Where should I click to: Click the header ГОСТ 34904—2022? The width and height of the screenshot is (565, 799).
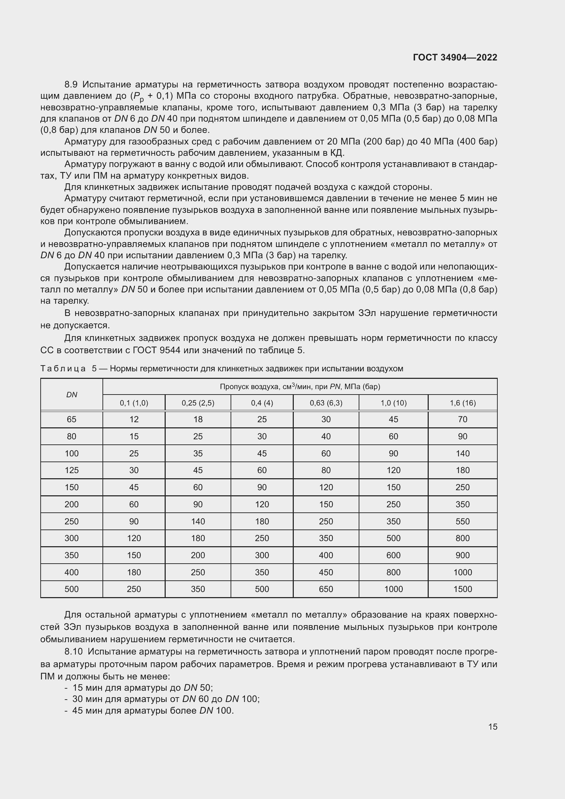455,57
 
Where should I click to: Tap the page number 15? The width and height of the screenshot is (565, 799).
493,727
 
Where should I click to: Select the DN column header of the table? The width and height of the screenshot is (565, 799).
72,395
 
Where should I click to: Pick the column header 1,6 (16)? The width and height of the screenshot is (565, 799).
463,403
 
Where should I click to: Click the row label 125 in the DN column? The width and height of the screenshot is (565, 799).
72,470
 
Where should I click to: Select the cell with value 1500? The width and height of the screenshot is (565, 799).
463,589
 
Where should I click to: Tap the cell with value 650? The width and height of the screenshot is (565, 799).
326,589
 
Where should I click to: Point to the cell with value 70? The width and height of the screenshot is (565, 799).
463,419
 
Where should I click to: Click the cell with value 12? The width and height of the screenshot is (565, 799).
134,419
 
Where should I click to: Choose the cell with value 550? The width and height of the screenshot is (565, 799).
463,521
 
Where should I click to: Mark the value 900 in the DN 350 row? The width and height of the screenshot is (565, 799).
463,555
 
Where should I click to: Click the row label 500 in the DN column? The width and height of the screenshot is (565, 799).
72,589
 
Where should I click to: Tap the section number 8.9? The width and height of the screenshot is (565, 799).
71,85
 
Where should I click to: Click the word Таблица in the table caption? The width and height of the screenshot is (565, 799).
63,369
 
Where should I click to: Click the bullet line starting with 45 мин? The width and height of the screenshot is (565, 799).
153,710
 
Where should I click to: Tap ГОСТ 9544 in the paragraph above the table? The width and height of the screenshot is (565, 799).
156,350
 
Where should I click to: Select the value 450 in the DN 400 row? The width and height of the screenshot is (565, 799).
326,572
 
